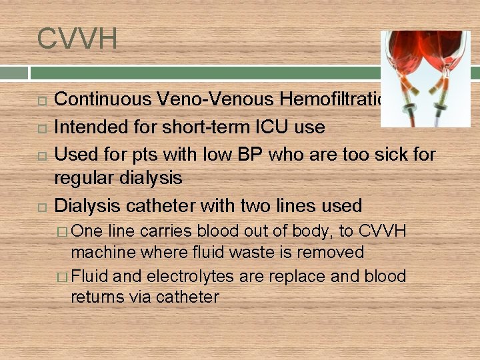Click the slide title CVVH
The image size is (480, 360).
coord(77,39)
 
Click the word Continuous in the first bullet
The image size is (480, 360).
coord(105,100)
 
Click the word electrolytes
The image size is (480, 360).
coord(181,276)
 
